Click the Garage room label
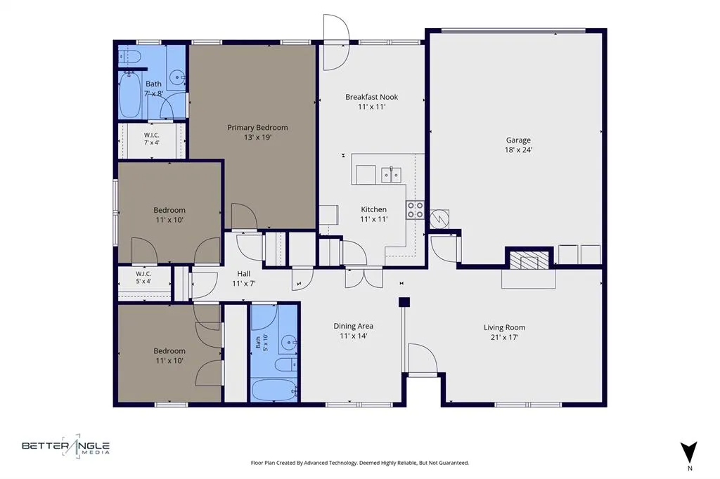coord(518,140)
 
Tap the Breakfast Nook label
coord(371,97)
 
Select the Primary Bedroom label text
coord(257,128)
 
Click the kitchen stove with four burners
coord(415,210)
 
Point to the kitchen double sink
coord(391,175)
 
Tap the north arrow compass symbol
coord(689,452)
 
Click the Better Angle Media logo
coord(65,446)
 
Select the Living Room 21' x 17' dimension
coord(504,337)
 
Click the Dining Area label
coord(353,326)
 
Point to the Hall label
coord(244,274)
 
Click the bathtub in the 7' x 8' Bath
coord(130,95)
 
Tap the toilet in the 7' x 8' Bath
coord(129,56)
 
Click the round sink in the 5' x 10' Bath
coord(288,342)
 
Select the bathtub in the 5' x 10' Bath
coord(274,390)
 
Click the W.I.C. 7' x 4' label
coord(152,139)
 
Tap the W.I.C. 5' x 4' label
coord(143,277)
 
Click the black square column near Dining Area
coord(404,302)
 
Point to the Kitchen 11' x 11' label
coord(374,214)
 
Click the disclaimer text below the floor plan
coord(360,463)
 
